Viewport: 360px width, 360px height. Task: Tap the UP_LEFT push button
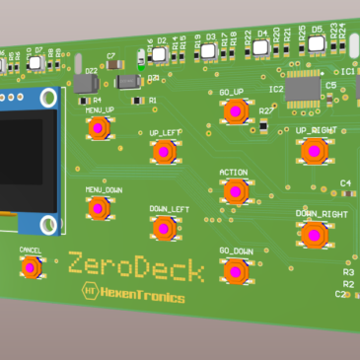163,151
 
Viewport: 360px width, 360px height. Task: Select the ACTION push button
234,191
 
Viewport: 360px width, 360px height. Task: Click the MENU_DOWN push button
98,208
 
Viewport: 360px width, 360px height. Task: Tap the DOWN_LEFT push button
165,229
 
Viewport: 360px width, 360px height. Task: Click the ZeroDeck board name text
136,266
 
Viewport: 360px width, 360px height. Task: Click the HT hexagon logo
89,292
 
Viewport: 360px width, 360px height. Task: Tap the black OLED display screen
20,153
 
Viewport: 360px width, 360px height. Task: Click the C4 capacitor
346,193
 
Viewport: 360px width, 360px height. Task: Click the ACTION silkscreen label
234,173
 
